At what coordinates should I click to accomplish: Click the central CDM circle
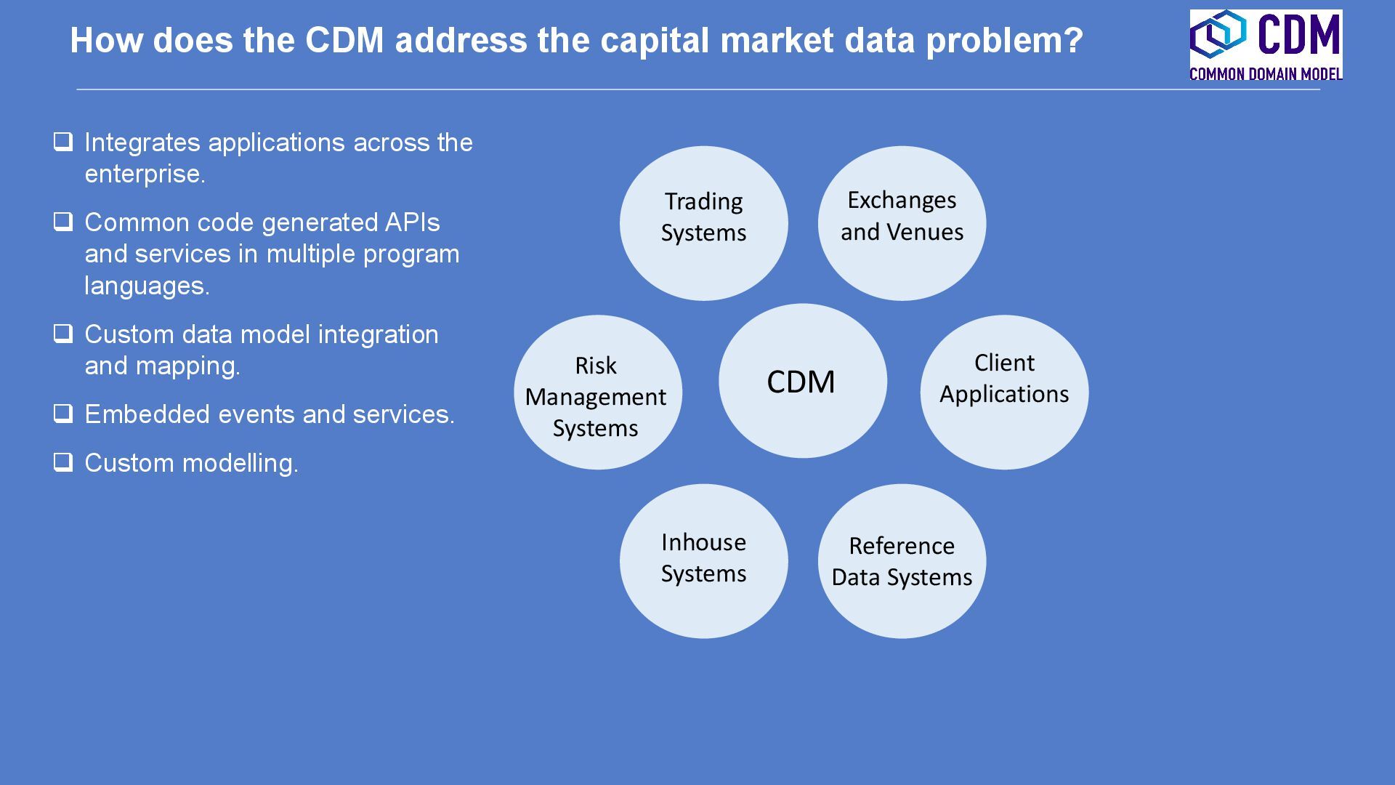[802, 381]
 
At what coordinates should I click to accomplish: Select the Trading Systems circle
[703, 223]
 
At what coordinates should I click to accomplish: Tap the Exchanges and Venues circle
[902, 223]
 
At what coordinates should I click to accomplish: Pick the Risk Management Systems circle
[597, 392]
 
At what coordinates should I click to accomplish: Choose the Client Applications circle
[1004, 392]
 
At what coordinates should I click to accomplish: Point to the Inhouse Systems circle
[703, 561]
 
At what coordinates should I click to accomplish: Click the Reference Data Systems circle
[902, 561]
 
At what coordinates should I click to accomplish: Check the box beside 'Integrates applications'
[63, 142]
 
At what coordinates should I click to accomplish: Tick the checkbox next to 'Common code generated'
[63, 222]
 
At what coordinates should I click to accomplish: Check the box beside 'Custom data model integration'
[63, 334]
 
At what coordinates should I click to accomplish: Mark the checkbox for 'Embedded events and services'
[63, 414]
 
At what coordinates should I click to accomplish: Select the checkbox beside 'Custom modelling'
[63, 462]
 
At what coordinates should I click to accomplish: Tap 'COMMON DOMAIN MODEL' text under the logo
[1266, 73]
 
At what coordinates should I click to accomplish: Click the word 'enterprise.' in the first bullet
[145, 174]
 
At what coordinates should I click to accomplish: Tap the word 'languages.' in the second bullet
[147, 286]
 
